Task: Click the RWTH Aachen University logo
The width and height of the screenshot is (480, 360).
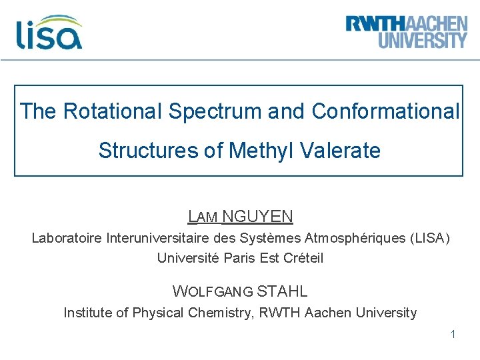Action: [x=406, y=31]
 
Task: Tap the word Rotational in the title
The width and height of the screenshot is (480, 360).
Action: [x=113, y=111]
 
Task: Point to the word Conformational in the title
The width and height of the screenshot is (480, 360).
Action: [x=385, y=111]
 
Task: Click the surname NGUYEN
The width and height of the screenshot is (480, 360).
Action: [x=257, y=217]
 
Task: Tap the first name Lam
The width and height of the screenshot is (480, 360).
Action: [x=202, y=217]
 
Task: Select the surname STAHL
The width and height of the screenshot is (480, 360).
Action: [x=282, y=291]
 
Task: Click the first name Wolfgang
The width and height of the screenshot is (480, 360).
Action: [x=212, y=291]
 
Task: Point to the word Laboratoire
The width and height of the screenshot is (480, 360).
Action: [x=67, y=238]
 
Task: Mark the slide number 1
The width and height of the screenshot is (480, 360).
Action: [x=453, y=334]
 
